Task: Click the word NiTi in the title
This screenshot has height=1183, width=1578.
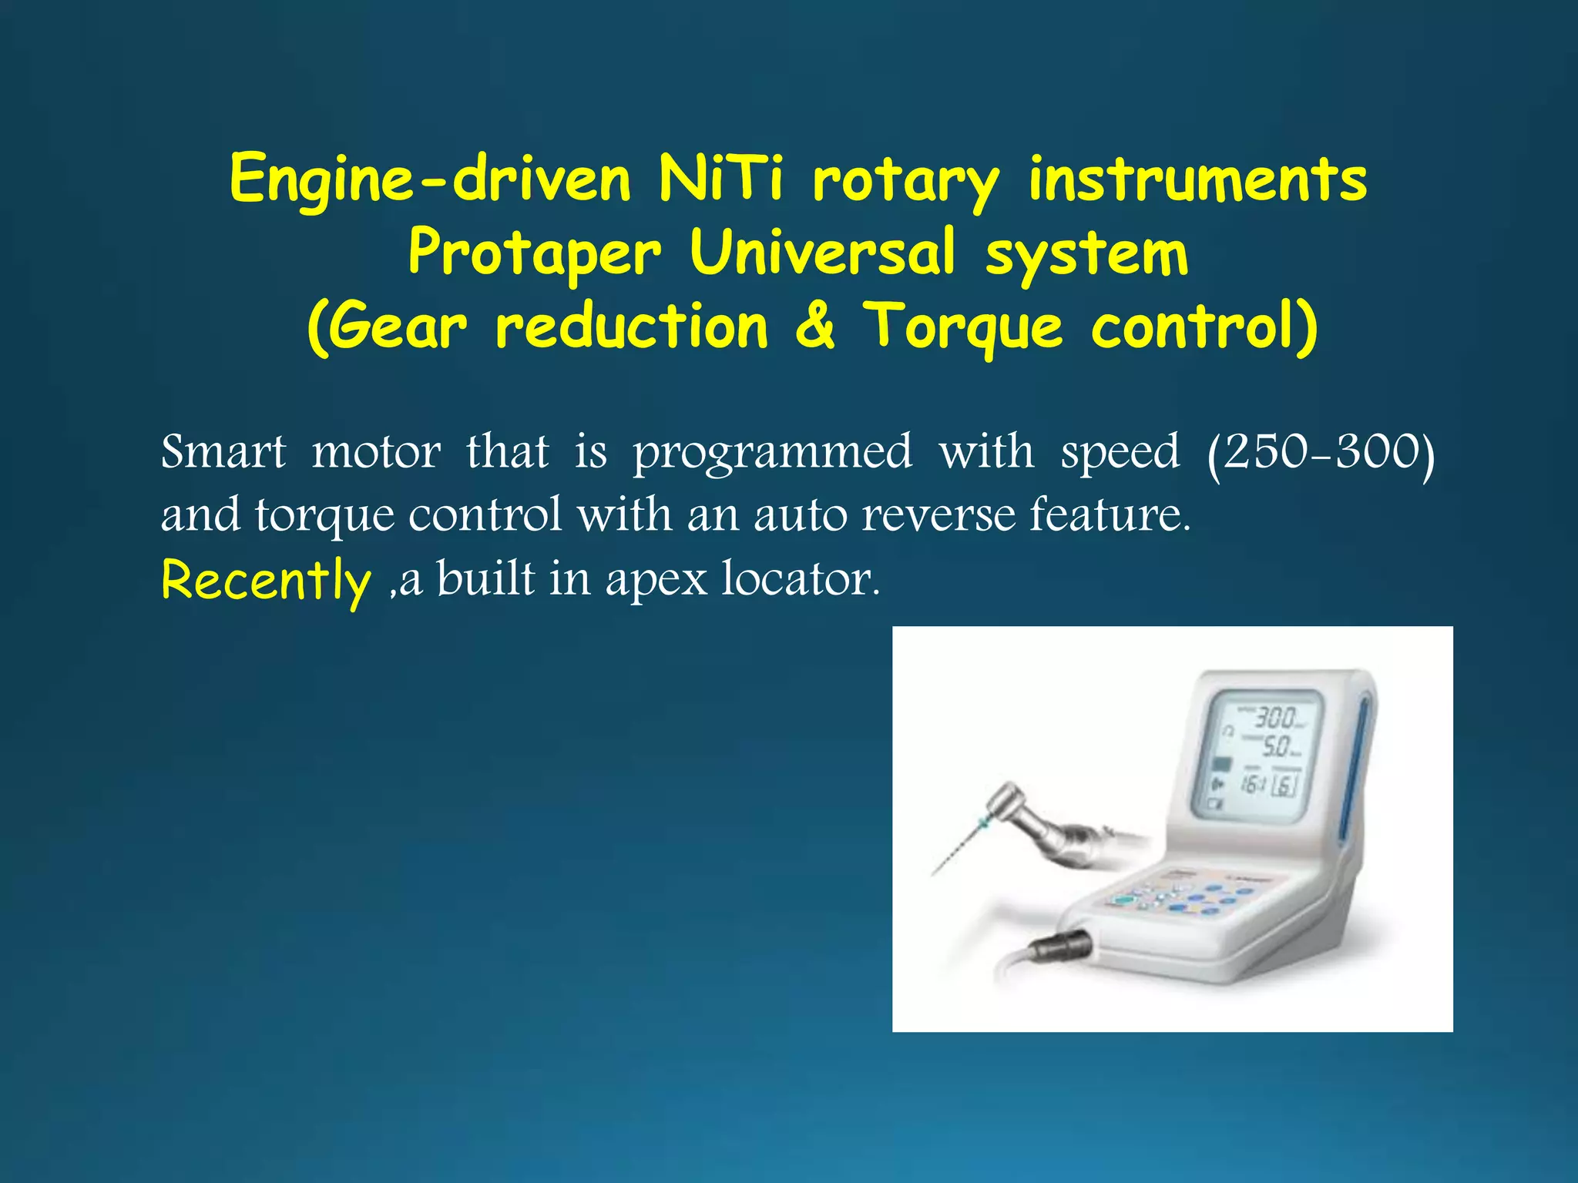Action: (x=720, y=179)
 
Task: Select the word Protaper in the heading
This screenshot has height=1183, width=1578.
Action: (x=535, y=253)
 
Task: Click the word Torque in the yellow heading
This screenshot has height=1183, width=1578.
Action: (x=962, y=327)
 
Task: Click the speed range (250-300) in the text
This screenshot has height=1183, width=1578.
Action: (x=1321, y=452)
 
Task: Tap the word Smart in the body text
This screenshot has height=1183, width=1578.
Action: (x=223, y=451)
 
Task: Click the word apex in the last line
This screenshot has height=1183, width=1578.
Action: (x=656, y=579)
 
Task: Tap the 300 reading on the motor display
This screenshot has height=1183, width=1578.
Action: (x=1275, y=718)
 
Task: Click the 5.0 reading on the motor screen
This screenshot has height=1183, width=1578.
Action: (x=1276, y=746)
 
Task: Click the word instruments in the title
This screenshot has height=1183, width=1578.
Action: (x=1197, y=179)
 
